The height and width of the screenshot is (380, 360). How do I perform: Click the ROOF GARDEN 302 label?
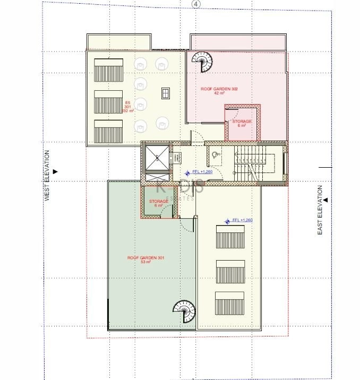click(219, 89)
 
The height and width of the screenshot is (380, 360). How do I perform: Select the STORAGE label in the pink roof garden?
click(242, 122)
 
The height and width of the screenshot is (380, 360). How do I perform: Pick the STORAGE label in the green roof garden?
click(159, 202)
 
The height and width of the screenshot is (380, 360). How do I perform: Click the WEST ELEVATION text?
click(47, 175)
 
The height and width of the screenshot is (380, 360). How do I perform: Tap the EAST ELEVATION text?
click(320, 210)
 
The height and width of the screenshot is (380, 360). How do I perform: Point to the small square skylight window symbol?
click(166, 93)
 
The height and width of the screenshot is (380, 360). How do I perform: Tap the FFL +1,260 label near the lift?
click(201, 172)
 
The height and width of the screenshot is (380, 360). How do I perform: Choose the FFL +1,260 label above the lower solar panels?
click(242, 220)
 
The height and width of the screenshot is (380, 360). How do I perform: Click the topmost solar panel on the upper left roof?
click(109, 70)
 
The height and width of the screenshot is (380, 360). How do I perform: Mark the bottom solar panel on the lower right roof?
click(230, 303)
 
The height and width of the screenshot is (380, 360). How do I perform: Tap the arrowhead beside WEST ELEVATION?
click(55, 171)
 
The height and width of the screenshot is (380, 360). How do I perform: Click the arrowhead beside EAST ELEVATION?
click(326, 200)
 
